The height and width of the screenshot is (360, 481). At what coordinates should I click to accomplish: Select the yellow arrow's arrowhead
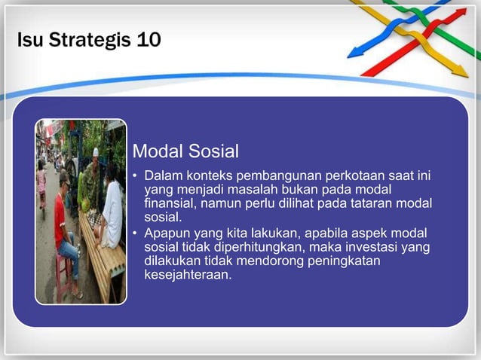459,71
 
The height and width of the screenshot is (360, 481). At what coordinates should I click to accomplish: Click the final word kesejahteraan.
188,275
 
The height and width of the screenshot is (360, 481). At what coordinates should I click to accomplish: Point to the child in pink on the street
41,181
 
